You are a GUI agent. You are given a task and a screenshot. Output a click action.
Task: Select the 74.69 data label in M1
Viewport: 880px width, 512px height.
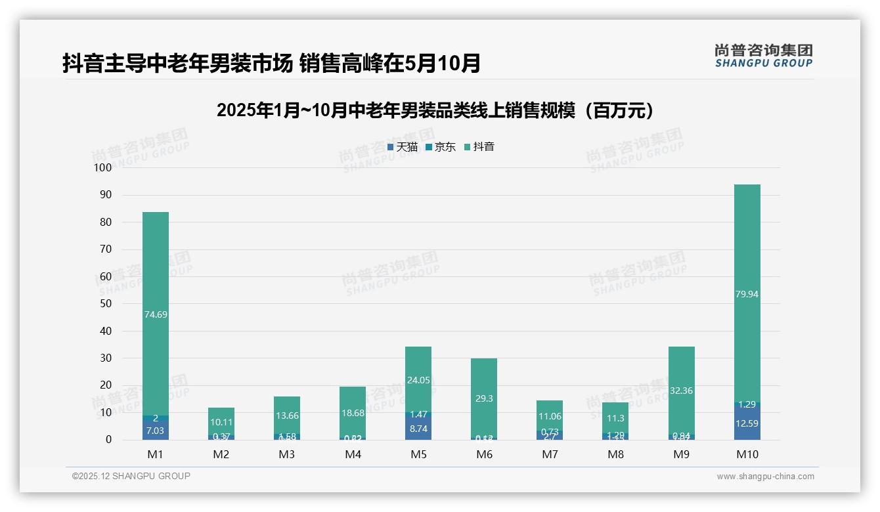click(156, 314)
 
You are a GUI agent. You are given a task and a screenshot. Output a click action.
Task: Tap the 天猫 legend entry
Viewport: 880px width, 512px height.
click(403, 147)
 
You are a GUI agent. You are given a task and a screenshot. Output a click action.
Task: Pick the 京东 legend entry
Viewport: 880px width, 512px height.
click(441, 147)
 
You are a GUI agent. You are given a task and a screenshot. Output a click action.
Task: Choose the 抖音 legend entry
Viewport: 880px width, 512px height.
click(479, 147)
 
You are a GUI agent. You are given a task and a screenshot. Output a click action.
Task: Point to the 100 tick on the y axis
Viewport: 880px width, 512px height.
click(103, 167)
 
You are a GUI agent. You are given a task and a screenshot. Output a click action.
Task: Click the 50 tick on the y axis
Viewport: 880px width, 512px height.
click(105, 304)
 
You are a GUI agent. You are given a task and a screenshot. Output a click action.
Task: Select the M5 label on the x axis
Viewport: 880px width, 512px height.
click(418, 454)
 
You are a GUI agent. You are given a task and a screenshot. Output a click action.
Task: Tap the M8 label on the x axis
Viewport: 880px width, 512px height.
click(615, 454)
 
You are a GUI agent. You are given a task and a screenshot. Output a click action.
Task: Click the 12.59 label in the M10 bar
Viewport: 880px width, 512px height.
click(747, 423)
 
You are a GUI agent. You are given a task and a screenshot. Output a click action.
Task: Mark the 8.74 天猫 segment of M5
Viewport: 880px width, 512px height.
click(418, 428)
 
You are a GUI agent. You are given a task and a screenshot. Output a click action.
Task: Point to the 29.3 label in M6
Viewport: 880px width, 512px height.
click(484, 398)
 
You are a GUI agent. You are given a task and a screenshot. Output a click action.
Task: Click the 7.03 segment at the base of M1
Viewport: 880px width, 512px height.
click(156, 431)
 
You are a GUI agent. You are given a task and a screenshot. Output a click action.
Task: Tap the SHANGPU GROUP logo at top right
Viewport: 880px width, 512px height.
click(763, 56)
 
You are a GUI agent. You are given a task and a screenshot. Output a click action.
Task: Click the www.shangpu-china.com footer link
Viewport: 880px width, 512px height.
click(765, 477)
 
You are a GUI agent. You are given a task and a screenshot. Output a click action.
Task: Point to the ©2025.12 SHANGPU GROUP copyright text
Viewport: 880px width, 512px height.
click(131, 476)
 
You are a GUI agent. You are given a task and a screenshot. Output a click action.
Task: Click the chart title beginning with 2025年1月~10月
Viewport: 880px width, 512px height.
click(435, 110)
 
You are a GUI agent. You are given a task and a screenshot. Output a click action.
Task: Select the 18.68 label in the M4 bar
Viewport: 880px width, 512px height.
click(353, 413)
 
